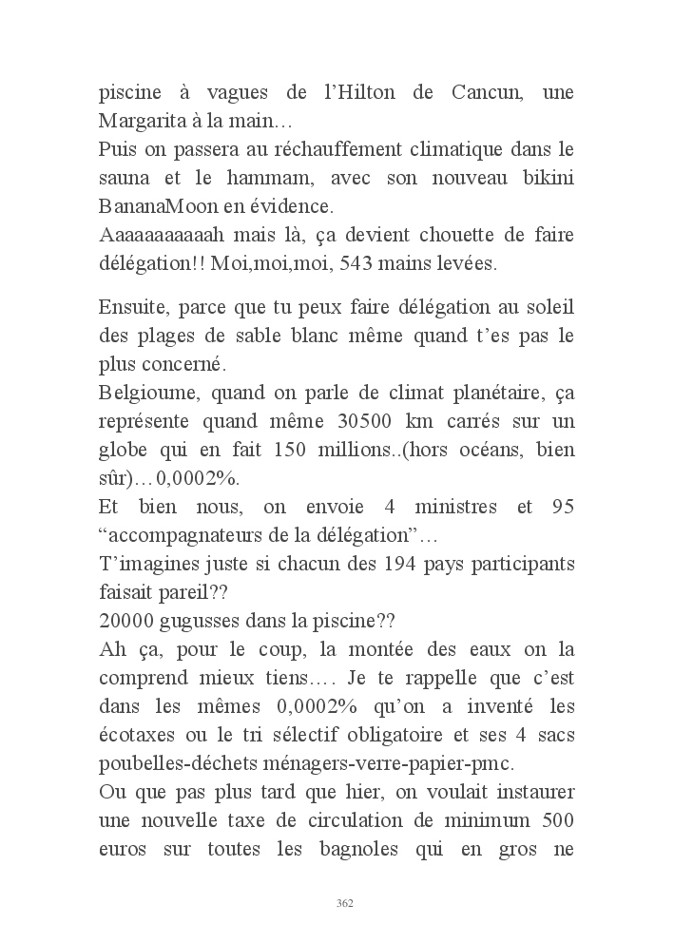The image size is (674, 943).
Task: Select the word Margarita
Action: pos(144,123)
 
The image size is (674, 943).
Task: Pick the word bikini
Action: pos(543,178)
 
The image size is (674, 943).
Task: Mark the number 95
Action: pos(562,507)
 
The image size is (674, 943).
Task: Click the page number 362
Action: pos(345,903)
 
